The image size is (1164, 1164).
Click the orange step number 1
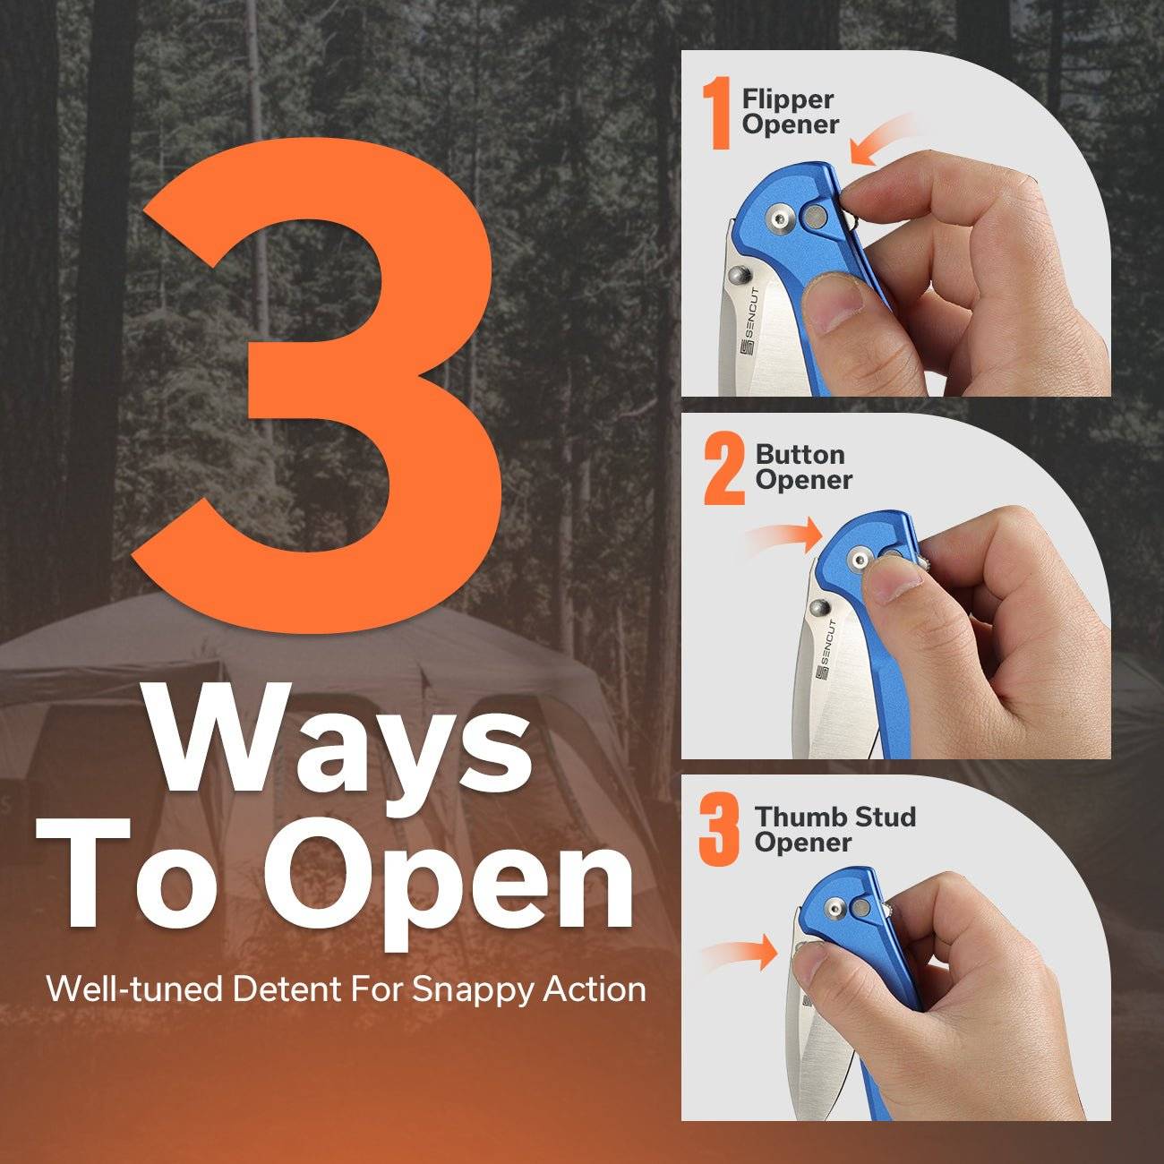pyautogui.click(x=718, y=113)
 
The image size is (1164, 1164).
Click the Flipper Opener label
pyautogui.click(x=790, y=112)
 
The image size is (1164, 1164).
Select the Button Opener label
pyautogui.click(x=803, y=467)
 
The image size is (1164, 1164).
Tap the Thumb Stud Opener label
pyautogui.click(x=834, y=829)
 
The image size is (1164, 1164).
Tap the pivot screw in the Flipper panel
pyautogui.click(x=779, y=218)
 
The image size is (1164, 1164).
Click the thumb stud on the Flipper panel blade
pyautogui.click(x=740, y=276)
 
